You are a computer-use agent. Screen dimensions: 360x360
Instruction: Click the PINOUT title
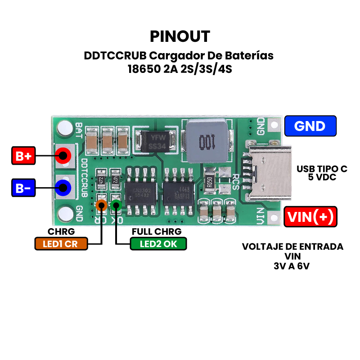180,36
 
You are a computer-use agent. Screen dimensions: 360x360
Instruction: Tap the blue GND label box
310,126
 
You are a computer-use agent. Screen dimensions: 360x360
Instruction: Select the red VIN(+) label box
310,217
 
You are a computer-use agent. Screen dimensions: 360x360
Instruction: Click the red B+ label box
23,157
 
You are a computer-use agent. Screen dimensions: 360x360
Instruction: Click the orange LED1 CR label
61,244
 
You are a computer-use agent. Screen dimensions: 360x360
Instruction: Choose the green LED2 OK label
158,244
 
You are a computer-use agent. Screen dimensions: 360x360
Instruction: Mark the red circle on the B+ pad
63,157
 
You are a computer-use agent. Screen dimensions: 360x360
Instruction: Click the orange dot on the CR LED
102,206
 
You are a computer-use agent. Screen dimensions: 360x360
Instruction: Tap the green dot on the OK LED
116,206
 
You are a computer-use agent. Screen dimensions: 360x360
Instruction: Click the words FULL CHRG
156,232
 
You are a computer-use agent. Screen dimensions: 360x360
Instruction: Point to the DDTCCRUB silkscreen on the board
84,178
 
